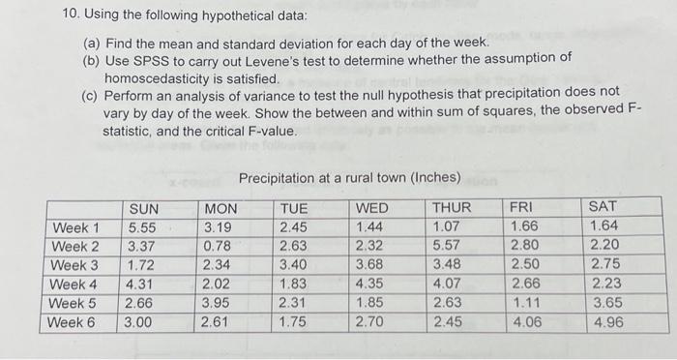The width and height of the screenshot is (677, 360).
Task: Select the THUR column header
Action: click(x=452, y=208)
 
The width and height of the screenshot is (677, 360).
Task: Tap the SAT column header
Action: click(x=602, y=208)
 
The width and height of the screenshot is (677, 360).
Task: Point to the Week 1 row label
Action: click(x=74, y=227)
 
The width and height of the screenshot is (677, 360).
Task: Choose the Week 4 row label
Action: click(x=74, y=285)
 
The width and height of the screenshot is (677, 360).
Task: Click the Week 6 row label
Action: click(x=74, y=322)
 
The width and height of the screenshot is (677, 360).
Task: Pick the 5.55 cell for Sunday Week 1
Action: click(x=142, y=227)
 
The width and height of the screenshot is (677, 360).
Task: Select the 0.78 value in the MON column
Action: click(x=217, y=246)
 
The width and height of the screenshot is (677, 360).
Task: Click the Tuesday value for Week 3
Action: click(x=294, y=265)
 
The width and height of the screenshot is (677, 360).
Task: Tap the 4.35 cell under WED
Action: click(x=372, y=285)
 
